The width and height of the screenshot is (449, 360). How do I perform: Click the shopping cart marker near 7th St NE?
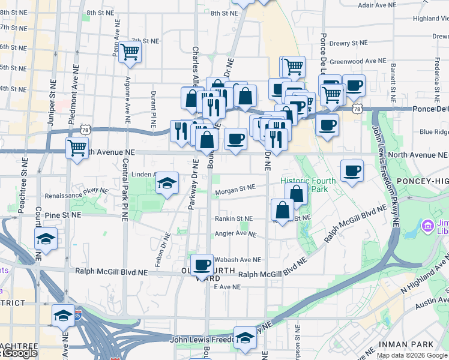[x=130, y=53]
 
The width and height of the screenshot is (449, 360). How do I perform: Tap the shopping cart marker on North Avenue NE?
[x=77, y=147]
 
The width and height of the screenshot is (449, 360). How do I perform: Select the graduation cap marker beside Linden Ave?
[x=167, y=182]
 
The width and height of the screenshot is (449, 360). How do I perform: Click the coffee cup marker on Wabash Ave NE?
[x=202, y=264]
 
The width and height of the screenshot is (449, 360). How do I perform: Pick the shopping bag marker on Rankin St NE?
[x=282, y=210]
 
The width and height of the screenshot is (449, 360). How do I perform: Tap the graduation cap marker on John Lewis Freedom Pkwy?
[x=245, y=338]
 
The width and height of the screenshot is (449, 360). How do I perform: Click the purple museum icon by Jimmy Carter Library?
[x=428, y=226]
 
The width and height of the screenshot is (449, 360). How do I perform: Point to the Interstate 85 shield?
[x=78, y=313]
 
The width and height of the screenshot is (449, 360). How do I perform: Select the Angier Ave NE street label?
[x=236, y=234]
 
